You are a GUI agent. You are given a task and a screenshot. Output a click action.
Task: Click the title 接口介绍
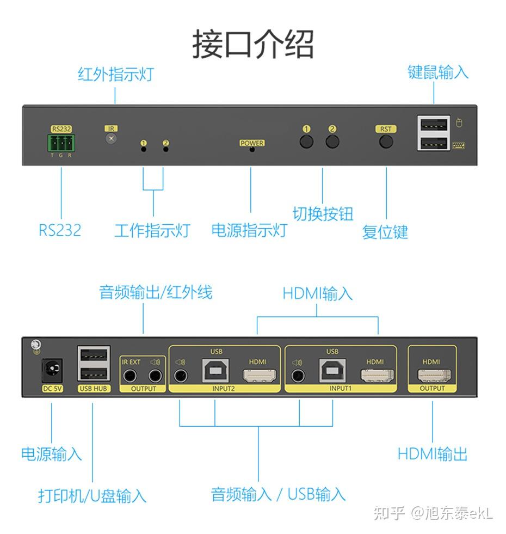tap(253, 45)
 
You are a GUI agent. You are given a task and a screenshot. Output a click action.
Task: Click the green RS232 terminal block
tap(61, 143)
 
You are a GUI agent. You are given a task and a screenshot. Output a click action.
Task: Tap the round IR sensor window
tap(112, 139)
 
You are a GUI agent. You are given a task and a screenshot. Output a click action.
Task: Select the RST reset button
tap(386, 142)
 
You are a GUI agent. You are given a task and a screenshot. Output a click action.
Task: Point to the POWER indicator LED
tap(251, 149)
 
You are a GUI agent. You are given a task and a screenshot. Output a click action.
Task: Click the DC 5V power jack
tap(53, 371)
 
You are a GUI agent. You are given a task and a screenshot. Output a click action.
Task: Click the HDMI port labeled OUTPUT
tap(434, 375)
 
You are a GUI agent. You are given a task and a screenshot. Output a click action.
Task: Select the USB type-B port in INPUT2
tap(215, 372)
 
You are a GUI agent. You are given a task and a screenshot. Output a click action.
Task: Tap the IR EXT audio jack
tap(130, 375)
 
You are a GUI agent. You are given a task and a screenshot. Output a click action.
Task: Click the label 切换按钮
tap(323, 214)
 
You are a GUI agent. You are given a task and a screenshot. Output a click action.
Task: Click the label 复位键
tap(385, 232)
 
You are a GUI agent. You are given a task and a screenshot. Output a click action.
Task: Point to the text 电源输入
tap(51, 454)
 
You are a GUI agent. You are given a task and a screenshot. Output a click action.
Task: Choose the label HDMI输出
tap(433, 454)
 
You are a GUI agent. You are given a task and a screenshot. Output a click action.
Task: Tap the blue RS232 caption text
tap(59, 230)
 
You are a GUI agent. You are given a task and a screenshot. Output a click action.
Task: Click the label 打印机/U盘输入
tap(92, 495)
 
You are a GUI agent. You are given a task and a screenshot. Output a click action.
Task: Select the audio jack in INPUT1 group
tap(298, 375)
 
